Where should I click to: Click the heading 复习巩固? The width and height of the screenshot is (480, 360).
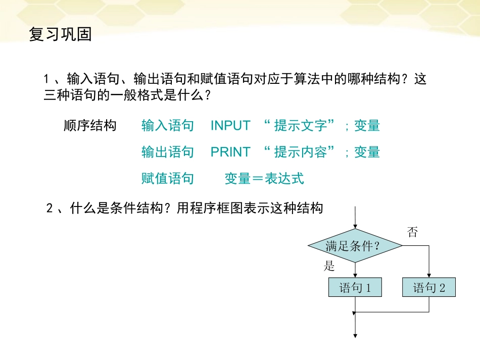60,35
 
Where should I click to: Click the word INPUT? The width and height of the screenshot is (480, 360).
230,126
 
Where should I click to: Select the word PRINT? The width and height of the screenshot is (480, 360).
230,152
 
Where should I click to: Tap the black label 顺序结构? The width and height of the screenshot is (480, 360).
90,126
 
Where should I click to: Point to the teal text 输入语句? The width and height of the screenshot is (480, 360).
168,126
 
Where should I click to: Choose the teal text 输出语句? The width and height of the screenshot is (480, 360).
168,152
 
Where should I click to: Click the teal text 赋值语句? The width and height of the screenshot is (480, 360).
168,178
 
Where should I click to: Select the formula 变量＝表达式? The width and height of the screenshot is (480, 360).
264,178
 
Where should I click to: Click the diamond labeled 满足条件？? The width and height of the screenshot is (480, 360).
355,246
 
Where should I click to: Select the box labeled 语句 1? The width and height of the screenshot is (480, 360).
355,288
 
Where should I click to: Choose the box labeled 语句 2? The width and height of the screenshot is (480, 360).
429,288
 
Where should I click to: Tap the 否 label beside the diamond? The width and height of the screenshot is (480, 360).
412,232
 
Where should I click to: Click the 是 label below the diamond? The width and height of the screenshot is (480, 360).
329,267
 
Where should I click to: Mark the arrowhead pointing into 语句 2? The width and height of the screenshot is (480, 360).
429,276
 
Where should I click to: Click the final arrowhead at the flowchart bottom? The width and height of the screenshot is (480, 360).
356,335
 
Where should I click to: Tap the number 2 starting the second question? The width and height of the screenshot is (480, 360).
50,208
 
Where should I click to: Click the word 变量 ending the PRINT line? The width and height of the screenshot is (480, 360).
367,152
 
